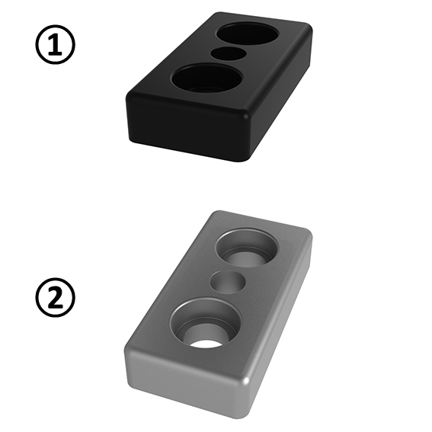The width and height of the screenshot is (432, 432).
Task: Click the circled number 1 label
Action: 56,46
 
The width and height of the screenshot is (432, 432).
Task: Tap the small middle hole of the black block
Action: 226,53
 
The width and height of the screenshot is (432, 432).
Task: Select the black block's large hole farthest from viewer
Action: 248,33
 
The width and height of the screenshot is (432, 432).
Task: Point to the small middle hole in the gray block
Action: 228,281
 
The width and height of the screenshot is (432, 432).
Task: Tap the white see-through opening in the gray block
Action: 206,340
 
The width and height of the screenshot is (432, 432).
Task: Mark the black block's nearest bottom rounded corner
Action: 245,152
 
